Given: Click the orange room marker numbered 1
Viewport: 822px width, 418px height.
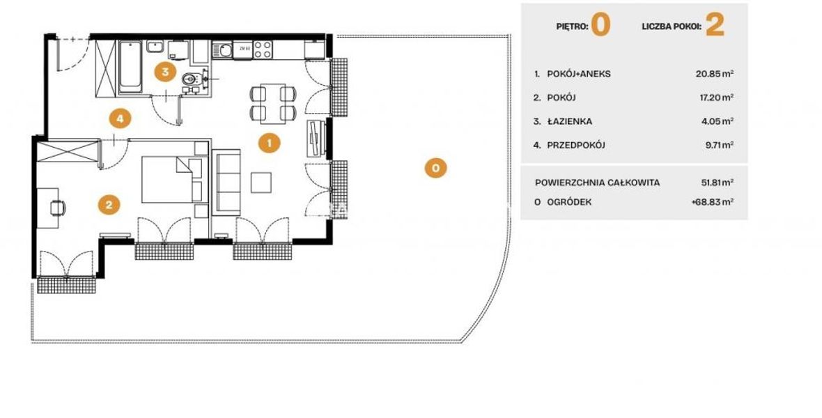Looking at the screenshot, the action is point(269,142).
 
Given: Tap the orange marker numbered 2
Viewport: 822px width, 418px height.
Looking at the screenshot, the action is point(109,205).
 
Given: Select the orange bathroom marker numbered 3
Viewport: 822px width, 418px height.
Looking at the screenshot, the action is point(165,71).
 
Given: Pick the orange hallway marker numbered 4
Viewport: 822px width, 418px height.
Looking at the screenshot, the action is point(120,118).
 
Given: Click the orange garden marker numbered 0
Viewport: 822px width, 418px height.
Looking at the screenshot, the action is point(435,168).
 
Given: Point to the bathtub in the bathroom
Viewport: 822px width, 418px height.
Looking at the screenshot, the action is point(130,67).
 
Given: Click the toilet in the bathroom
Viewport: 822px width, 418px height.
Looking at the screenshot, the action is point(192,79).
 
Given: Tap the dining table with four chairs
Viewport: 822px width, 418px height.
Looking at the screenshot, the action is point(273,103).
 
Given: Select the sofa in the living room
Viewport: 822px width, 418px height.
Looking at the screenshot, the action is point(226,182).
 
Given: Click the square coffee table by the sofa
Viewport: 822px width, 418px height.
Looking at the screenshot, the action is point(261,183).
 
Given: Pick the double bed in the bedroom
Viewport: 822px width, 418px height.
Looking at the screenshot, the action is point(172,179).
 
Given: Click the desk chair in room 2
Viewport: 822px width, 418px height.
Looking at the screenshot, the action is point(59,208).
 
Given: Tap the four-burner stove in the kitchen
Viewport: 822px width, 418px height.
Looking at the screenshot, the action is point(262,49).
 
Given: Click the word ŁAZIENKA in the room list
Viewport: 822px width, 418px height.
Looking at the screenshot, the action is point(570,121).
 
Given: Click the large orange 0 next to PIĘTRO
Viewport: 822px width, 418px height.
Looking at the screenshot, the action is point(600,25).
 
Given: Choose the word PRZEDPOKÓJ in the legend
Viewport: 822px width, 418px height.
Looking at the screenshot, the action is point(576,145).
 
